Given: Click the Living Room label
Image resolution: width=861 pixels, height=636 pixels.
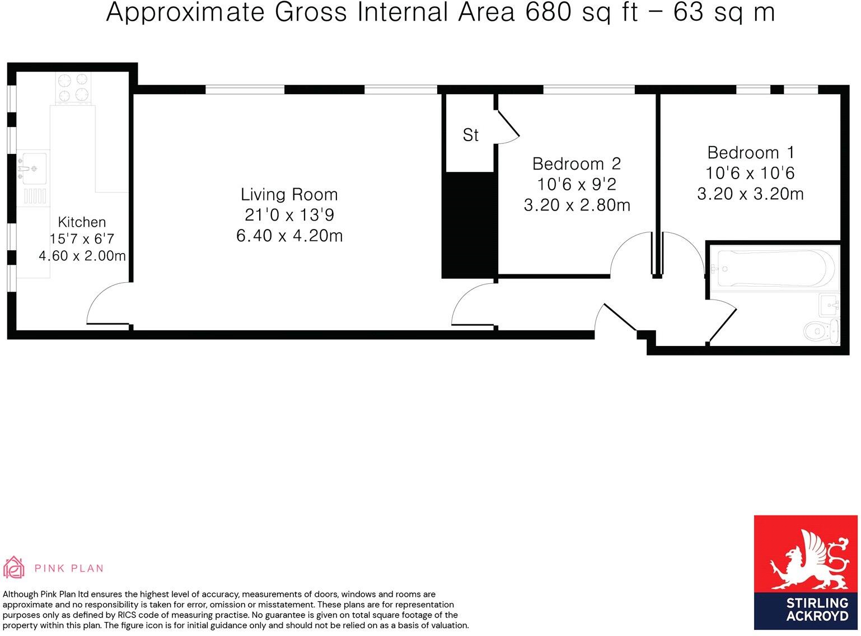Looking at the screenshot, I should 289,195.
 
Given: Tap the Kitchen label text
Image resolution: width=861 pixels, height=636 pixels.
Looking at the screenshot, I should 82,222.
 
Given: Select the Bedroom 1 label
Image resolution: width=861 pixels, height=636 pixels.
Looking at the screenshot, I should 750,153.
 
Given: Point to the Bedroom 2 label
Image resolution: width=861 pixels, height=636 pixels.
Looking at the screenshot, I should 576,164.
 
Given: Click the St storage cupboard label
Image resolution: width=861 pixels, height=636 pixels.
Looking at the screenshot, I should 470,135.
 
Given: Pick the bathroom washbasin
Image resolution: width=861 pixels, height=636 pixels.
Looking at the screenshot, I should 829,306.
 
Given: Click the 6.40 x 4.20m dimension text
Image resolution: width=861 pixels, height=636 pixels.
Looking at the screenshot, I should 289,236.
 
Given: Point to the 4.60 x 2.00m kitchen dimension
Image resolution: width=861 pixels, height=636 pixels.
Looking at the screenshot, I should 82,256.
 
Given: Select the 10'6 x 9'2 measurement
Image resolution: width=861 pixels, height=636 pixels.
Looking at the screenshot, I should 576,184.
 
